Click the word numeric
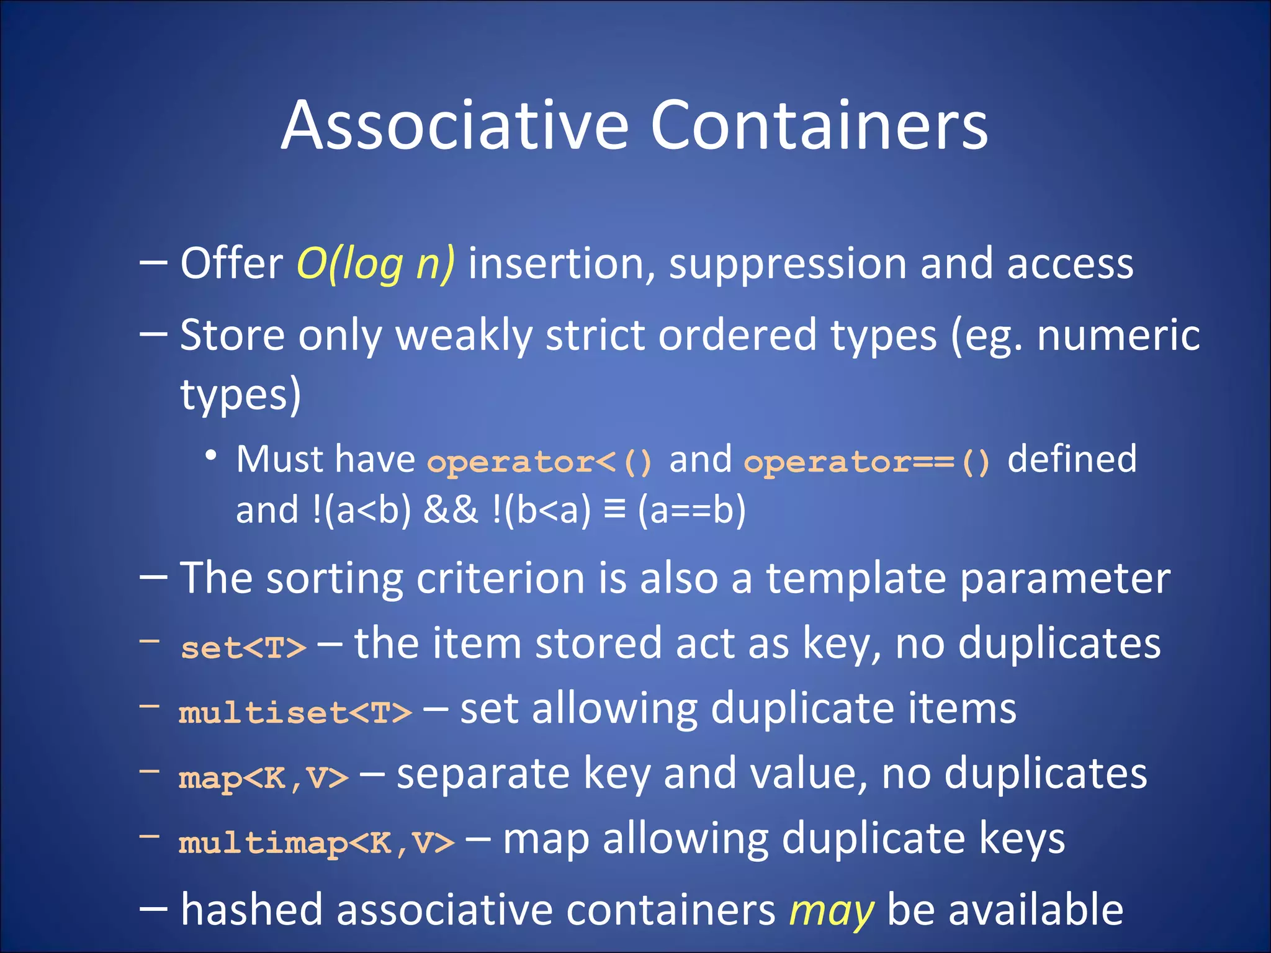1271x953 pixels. (1118, 336)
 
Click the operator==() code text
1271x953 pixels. (867, 462)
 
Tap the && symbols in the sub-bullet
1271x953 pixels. (451, 510)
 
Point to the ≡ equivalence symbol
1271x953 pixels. (614, 510)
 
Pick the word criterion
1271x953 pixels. (501, 579)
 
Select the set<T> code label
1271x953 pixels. (243, 648)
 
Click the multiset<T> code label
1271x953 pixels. (295, 712)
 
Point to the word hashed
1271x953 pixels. (251, 910)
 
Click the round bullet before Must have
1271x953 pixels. (211, 455)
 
